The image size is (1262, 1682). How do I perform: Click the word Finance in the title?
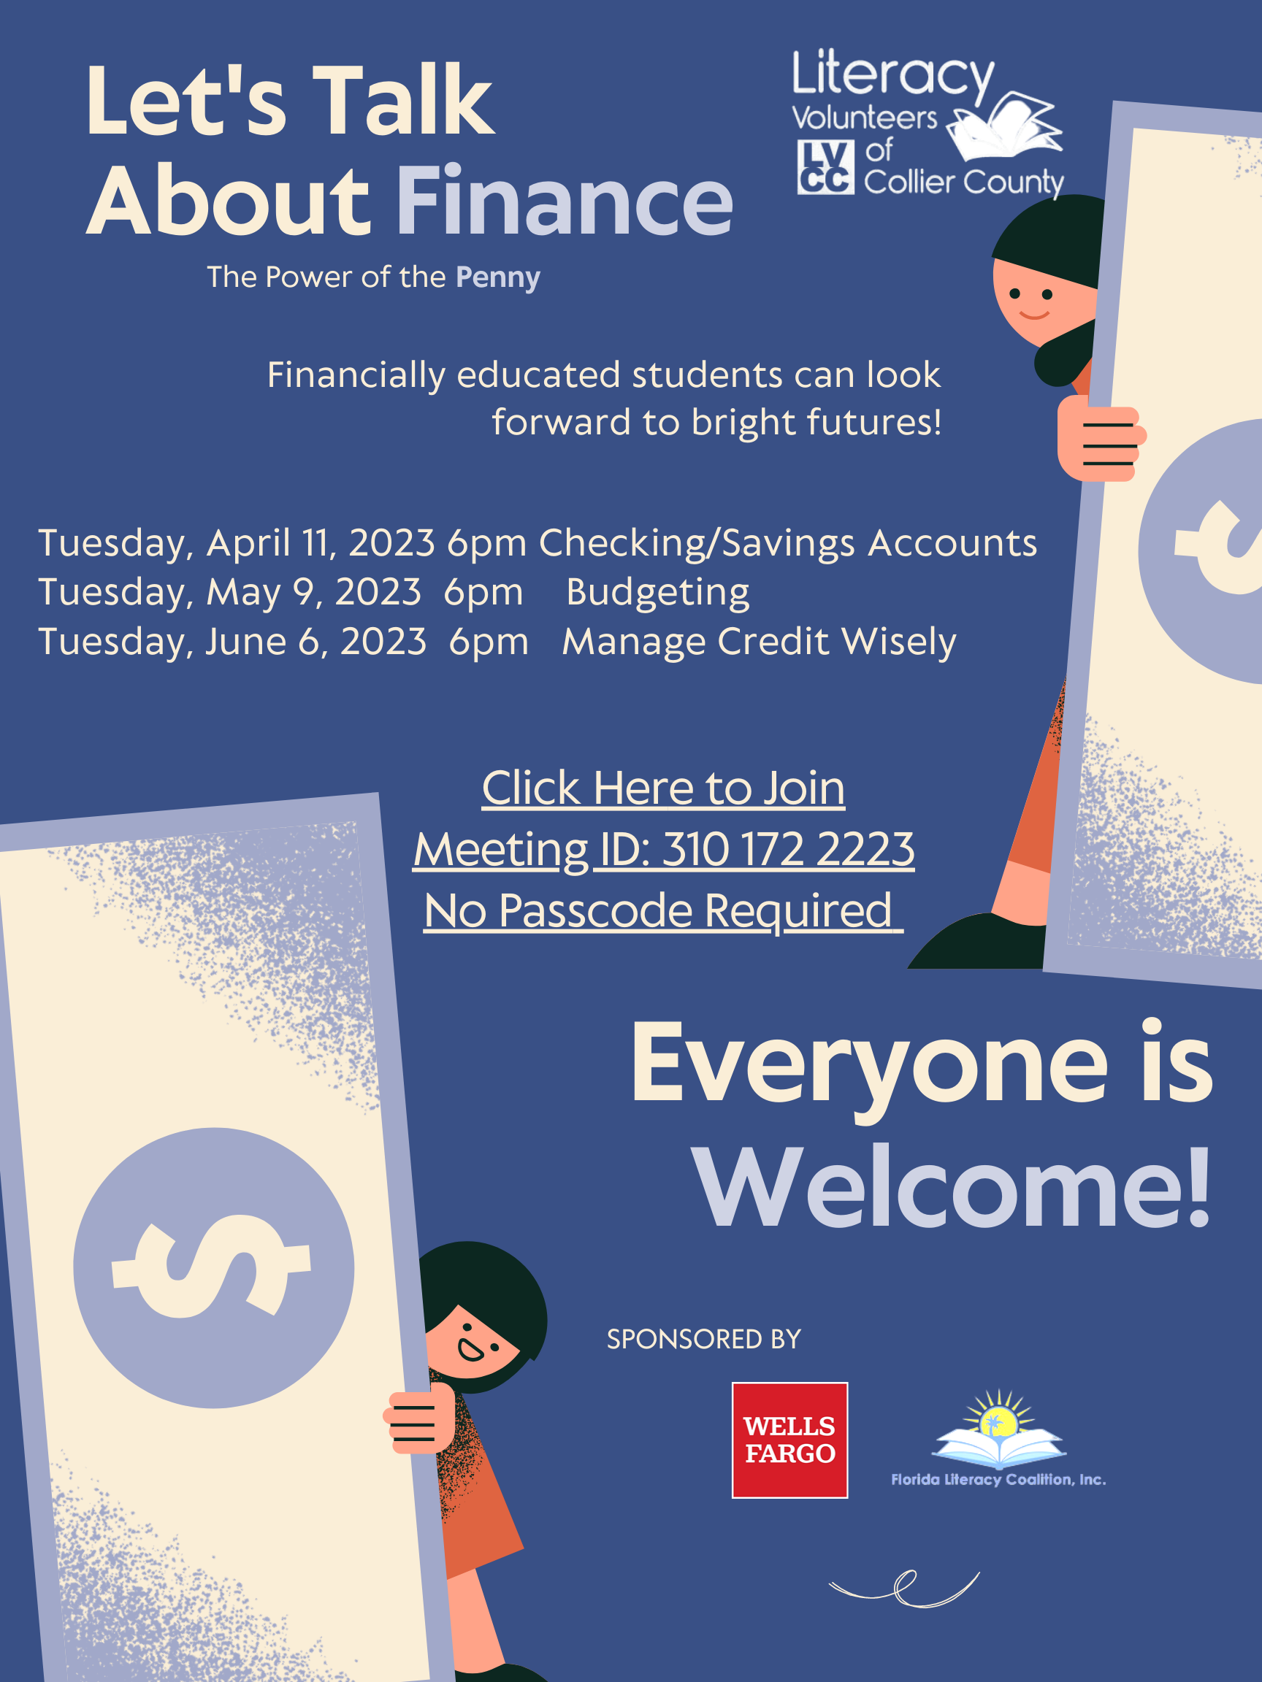click(x=565, y=201)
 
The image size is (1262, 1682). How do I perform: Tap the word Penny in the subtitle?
click(x=498, y=278)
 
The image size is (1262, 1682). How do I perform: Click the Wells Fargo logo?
click(x=789, y=1440)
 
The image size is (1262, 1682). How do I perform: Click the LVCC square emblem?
click(x=825, y=167)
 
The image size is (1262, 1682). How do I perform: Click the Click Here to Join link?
click(x=663, y=788)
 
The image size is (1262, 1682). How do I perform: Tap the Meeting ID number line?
click(x=663, y=849)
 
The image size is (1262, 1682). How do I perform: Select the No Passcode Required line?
click(x=663, y=910)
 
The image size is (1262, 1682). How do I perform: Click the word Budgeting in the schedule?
click(x=658, y=592)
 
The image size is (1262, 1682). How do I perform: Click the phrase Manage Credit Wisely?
click(x=760, y=642)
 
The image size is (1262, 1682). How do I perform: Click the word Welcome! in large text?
click(x=952, y=1188)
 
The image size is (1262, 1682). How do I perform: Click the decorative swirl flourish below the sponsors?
click(x=904, y=1589)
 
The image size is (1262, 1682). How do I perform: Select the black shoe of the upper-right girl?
click(x=977, y=941)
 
